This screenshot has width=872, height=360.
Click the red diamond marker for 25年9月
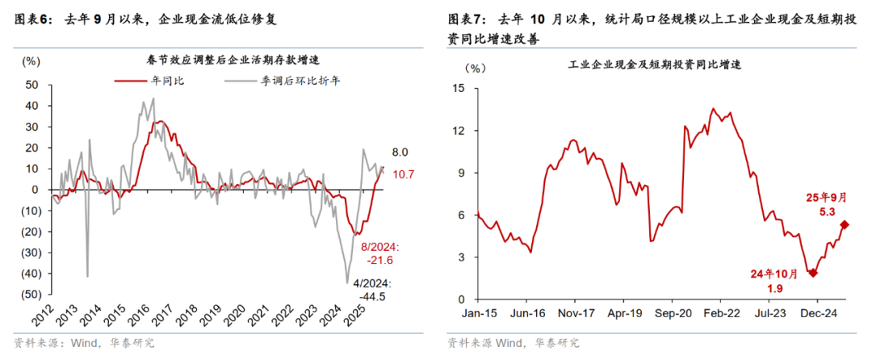[x=845, y=225]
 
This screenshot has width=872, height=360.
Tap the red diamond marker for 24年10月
[x=812, y=273]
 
